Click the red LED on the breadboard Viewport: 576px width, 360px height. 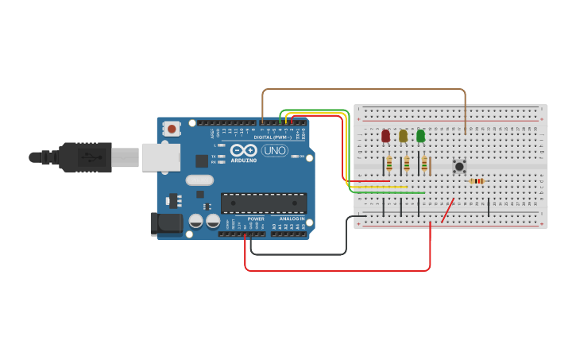tap(385, 136)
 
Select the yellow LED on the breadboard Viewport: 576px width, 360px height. tap(403, 136)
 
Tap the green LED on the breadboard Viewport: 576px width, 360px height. tap(420, 136)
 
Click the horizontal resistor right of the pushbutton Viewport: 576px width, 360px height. tap(477, 181)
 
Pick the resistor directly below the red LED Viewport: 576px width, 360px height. tap(389, 165)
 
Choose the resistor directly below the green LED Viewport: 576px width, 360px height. tap(424, 165)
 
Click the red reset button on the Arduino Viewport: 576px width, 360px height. tap(172, 129)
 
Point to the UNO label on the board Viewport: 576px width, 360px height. tap(274, 150)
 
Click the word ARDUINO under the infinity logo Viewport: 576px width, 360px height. tap(244, 160)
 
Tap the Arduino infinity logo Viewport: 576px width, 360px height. tap(243, 150)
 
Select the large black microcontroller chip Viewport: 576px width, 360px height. tap(263, 203)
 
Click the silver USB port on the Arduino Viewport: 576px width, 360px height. tap(160, 157)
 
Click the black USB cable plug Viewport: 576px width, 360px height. tap(83, 157)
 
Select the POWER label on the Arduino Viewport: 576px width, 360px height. tap(255, 219)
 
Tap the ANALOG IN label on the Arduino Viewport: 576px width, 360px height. tap(291, 219)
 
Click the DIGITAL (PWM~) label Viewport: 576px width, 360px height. tap(272, 137)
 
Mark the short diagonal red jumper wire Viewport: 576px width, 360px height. tap(448, 211)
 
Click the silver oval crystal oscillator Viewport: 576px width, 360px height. tap(200, 180)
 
